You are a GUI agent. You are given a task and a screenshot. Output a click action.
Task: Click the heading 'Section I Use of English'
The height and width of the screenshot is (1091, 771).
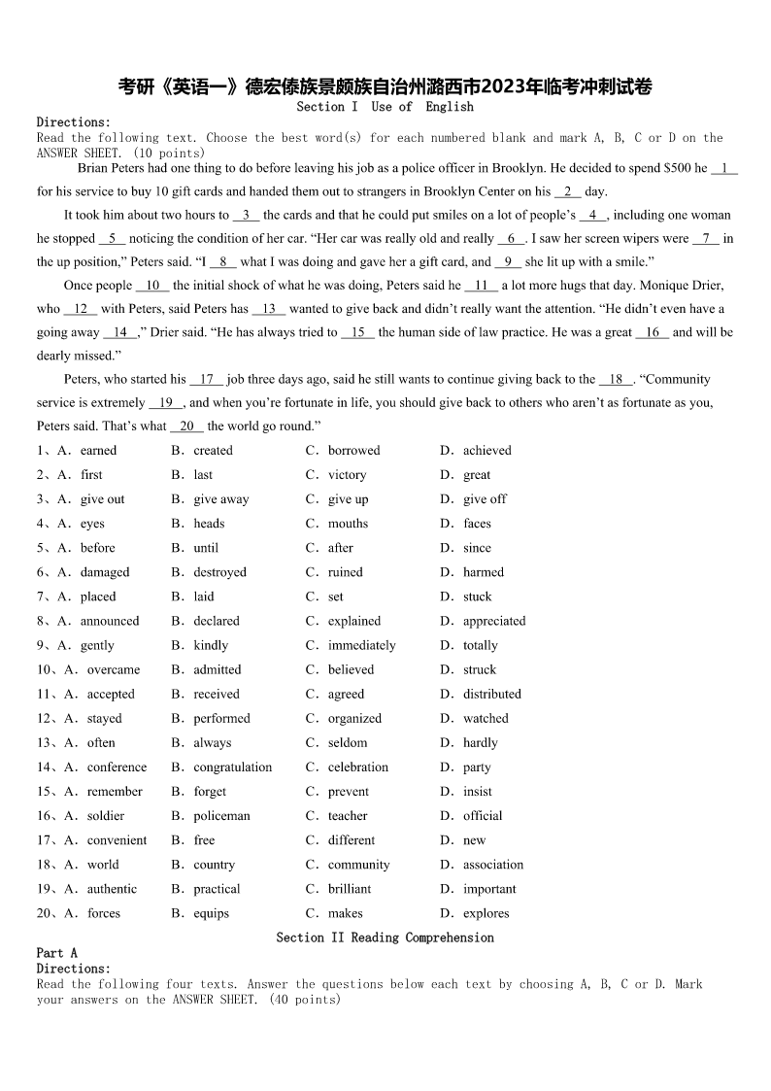pos(385,107)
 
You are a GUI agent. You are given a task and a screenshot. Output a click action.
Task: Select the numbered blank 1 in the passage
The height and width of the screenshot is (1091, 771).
pos(724,168)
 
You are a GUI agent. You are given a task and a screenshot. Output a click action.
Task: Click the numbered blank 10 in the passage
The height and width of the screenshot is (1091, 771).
pos(152,286)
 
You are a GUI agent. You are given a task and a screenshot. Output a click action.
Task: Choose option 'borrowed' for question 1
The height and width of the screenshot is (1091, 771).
pos(353,451)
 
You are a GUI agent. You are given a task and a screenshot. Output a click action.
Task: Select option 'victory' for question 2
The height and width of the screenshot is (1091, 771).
pos(347,475)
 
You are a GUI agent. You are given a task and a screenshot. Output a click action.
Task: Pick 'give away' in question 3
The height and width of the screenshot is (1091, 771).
pos(220,499)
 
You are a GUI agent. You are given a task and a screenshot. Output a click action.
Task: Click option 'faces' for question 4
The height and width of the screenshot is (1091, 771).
pos(477,524)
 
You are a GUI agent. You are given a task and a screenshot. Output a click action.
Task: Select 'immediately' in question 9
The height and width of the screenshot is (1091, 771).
pos(361,645)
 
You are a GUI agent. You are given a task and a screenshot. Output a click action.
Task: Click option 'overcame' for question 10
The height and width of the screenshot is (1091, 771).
pos(113,669)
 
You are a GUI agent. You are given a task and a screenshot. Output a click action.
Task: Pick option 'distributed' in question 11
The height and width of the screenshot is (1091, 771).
pos(491,694)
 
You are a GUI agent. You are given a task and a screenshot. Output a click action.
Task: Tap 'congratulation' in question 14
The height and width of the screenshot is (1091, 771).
pos(232,767)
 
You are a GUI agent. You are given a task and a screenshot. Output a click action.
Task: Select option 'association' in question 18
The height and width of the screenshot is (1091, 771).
pos(492,865)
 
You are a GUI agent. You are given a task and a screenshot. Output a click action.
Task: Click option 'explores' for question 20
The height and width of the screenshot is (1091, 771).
pos(486,913)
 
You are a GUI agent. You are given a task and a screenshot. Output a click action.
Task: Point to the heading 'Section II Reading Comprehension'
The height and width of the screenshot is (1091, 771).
pos(385,938)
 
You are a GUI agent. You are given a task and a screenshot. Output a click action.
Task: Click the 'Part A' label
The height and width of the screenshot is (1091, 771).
pos(56,953)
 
